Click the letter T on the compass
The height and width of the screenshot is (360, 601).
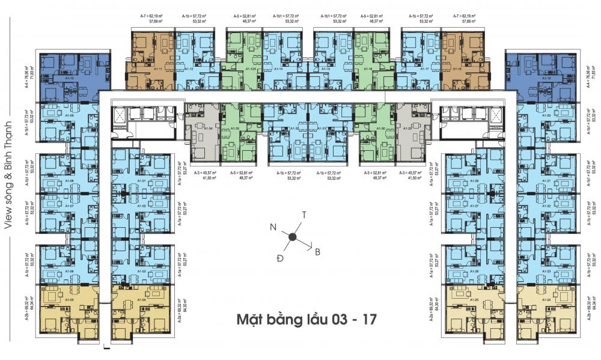click(305, 215)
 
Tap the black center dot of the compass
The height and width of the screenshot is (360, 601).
click(292, 237)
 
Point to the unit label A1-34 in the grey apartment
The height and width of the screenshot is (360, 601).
click(209, 128)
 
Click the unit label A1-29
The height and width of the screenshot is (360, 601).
click(409, 128)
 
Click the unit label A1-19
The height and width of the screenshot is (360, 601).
click(546, 79)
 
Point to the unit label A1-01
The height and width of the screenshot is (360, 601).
click(142, 181)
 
